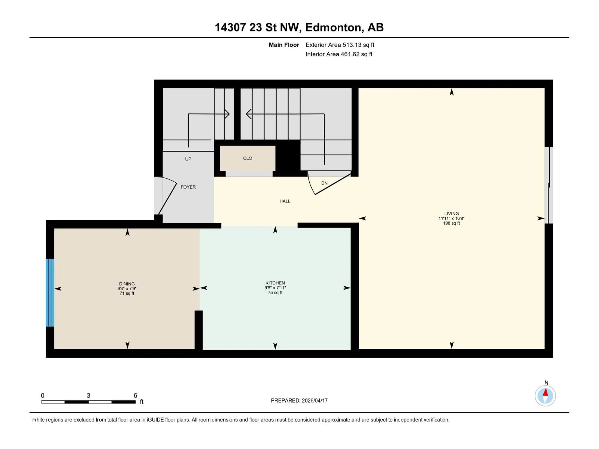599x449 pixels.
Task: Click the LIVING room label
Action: point(451,214)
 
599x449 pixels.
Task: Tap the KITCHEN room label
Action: point(275,283)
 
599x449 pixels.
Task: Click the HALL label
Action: point(285,201)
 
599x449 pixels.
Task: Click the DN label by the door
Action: point(324,183)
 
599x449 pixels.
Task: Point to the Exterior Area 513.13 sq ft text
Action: point(340,45)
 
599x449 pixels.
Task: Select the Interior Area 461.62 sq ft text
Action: point(339,54)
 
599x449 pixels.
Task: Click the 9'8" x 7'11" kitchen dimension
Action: point(275,288)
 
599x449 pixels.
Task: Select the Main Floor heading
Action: point(284,45)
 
